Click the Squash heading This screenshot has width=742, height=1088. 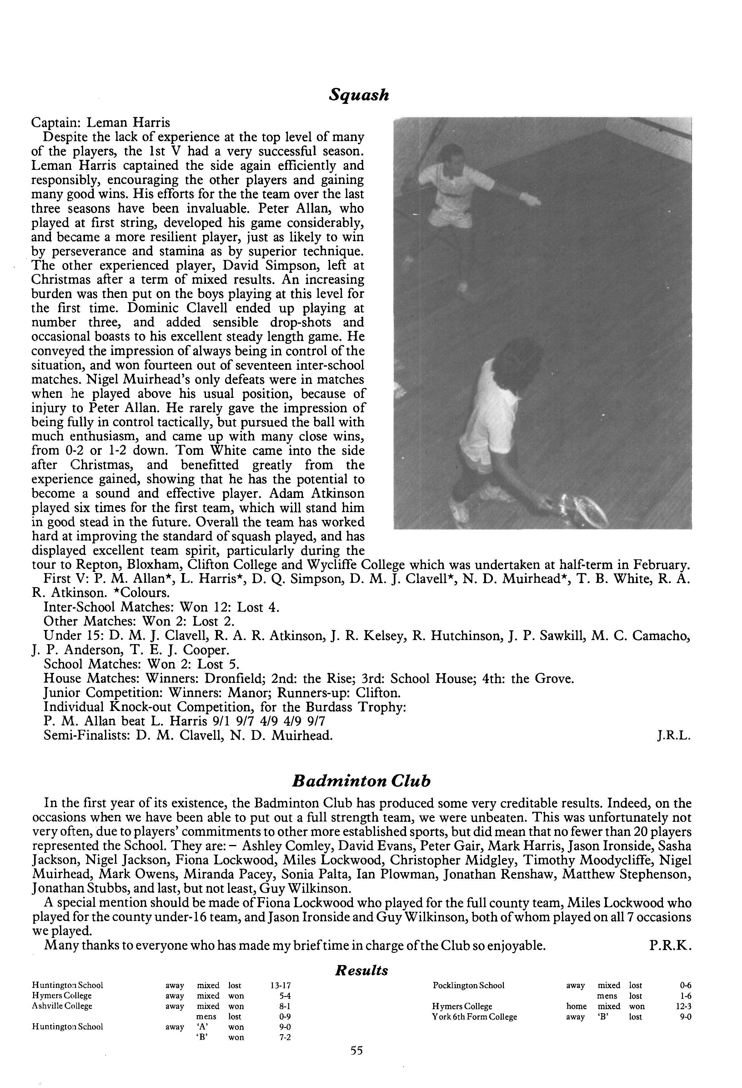(359, 95)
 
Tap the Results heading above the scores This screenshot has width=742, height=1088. (362, 970)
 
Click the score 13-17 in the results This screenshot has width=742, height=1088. (281, 985)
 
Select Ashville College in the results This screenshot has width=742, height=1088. (62, 1006)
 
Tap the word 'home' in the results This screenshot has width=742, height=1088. (576, 1006)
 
